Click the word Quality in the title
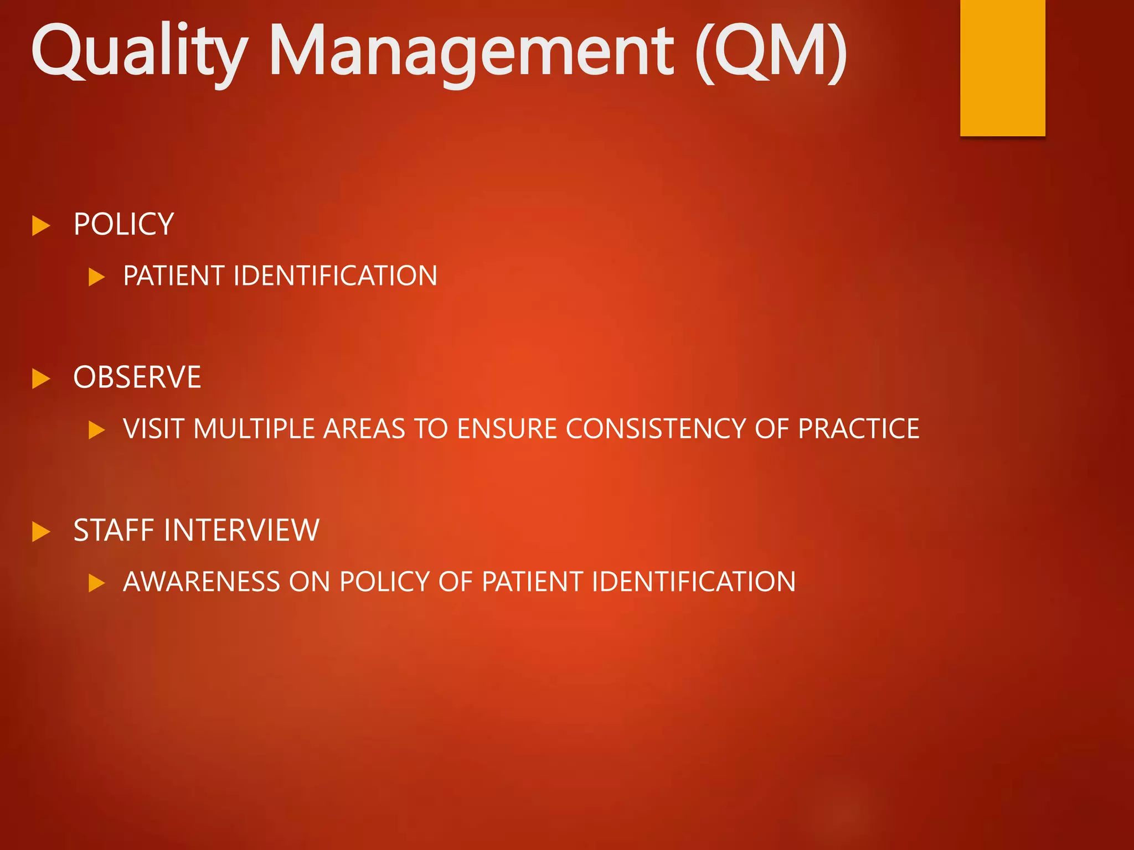pyautogui.click(x=138, y=53)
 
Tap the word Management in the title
pyautogui.click(x=471, y=53)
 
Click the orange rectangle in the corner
pyautogui.click(x=1002, y=66)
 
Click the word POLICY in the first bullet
pyautogui.click(x=123, y=225)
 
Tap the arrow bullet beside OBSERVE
pyautogui.click(x=41, y=379)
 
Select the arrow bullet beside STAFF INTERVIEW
pyautogui.click(x=41, y=532)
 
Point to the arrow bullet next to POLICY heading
pyautogui.click(x=41, y=226)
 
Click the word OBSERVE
pyautogui.click(x=137, y=377)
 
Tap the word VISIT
pyautogui.click(x=153, y=429)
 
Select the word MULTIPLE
pyautogui.click(x=254, y=429)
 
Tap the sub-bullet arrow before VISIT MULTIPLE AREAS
pyautogui.click(x=96, y=430)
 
